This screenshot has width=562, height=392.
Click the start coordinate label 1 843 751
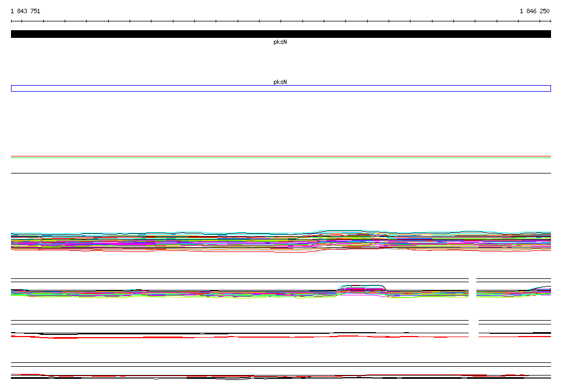pos(25,11)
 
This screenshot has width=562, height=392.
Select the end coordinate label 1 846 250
pos(535,11)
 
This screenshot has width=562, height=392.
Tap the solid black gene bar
pos(281,34)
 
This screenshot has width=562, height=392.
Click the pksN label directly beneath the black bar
pos(280,42)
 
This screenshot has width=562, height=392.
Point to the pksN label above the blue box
pos(280,82)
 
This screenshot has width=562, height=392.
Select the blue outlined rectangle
pos(281,85)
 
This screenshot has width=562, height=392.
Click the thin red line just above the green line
pos(281,156)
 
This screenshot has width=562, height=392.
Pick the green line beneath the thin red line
pos(281,158)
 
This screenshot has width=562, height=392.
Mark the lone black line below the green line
pos(281,173)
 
